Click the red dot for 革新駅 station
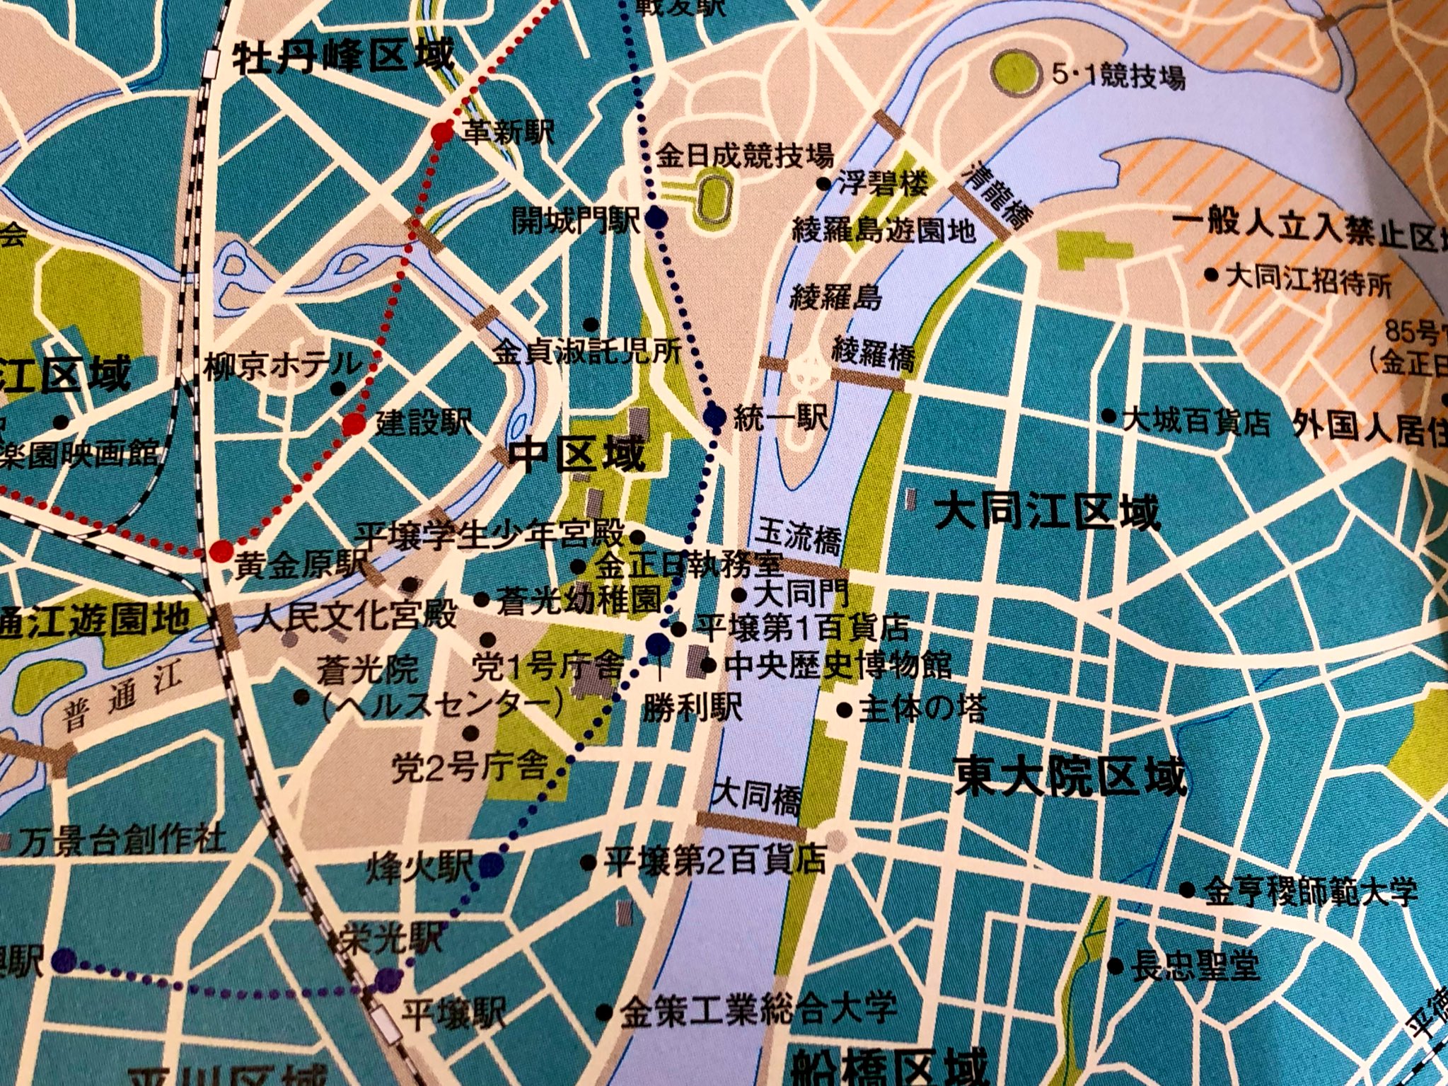(441, 132)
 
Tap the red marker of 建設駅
(354, 424)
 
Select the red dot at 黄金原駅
(221, 551)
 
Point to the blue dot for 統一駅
(716, 417)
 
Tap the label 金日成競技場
(745, 156)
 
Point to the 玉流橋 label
(799, 538)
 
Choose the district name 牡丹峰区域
(342, 57)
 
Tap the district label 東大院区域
(1069, 777)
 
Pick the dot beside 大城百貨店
(1109, 416)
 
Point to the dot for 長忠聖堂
(1116, 966)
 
